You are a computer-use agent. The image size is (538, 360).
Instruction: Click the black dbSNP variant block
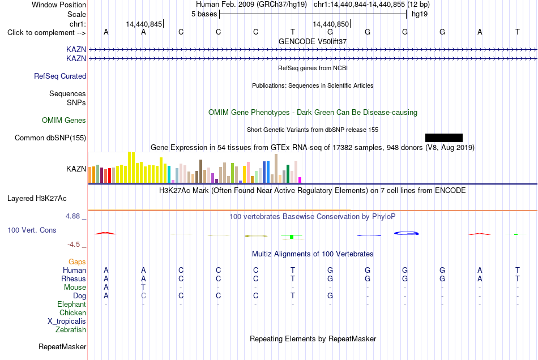coord(443,138)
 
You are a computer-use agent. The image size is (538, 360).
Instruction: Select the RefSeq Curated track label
coord(60,76)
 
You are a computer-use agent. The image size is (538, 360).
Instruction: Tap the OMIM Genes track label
coord(64,121)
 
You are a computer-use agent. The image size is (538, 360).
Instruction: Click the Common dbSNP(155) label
coord(50,138)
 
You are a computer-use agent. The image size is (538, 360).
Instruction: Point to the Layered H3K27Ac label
coord(37,199)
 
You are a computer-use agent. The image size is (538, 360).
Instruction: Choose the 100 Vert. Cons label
coord(32,230)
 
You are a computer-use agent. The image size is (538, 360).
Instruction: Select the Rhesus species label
coord(74,278)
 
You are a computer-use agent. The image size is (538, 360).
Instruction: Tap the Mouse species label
coord(75,288)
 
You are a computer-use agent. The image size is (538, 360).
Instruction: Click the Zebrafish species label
coord(71,330)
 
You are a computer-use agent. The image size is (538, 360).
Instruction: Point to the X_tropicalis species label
coord(67,322)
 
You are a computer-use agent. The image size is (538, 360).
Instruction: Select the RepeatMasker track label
coord(62,346)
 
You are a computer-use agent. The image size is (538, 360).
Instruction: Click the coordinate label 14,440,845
coord(144,24)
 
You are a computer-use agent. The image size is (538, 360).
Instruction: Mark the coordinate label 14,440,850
coord(331,24)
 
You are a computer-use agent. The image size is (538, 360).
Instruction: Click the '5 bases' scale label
coord(204,14)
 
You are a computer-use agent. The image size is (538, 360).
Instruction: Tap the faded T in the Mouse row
coord(143,288)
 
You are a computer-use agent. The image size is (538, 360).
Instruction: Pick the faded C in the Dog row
coord(143,295)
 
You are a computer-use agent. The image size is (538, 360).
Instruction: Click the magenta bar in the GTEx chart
coord(300,180)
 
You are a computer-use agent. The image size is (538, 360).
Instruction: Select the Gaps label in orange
coord(77,262)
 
